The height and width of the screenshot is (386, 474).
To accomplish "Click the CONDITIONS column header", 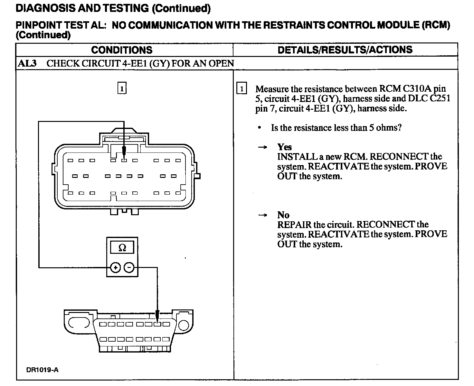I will [122, 50].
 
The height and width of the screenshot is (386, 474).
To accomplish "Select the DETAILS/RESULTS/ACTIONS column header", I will [345, 50].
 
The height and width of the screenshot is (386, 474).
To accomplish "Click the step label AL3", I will [27, 63].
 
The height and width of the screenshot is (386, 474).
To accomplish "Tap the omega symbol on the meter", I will [122, 248].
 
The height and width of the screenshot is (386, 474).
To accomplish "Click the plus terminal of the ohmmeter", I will [115, 268].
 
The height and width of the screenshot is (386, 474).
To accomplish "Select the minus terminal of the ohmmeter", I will [129, 268].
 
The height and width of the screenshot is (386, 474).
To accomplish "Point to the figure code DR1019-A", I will [42, 370].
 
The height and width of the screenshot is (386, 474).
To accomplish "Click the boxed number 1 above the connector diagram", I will [122, 88].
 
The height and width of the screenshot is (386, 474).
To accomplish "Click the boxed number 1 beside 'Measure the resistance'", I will [242, 88].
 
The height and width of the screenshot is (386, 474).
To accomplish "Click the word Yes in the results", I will [284, 147].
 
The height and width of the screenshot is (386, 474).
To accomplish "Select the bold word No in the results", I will [283, 215].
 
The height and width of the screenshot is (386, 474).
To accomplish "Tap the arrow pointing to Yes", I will [263, 147].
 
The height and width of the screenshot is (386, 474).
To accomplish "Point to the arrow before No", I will [263, 215].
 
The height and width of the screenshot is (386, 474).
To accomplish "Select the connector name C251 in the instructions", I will [440, 98].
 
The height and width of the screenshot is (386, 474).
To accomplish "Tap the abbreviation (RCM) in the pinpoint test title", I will [436, 25].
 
